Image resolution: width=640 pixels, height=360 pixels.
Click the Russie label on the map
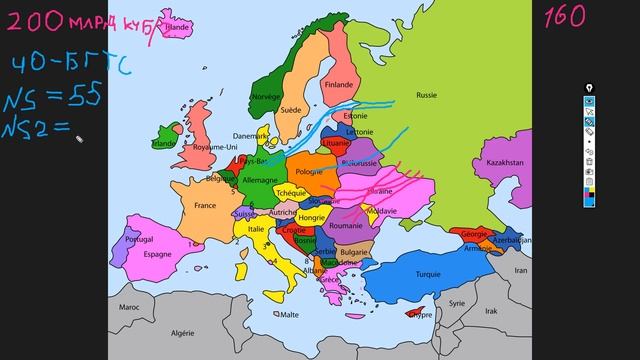[426, 97]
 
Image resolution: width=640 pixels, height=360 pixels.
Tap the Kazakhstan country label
[506, 162]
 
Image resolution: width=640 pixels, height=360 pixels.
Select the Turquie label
[429, 274]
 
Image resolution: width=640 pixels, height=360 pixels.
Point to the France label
[204, 206]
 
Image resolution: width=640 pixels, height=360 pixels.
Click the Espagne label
[158, 254]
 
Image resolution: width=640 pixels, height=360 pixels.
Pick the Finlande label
[339, 85]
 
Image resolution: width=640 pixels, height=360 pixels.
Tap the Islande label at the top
[178, 29]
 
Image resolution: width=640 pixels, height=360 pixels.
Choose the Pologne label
[309, 171]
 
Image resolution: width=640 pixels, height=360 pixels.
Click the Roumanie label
[345, 227]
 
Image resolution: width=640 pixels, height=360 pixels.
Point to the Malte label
[289, 314]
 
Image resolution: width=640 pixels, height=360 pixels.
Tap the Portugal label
[138, 240]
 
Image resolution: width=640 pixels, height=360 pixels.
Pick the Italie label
[257, 229]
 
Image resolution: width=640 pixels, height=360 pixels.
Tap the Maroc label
[129, 307]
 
